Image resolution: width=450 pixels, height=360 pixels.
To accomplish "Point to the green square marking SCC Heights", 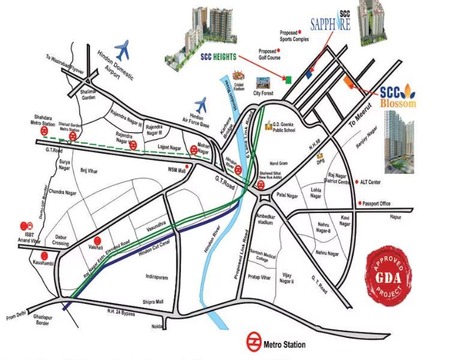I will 288,79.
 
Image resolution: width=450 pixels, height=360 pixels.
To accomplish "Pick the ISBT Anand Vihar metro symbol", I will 25,222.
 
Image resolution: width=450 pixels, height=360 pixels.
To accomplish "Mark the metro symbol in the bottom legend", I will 254,344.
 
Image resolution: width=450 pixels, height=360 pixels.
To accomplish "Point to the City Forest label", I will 263,94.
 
